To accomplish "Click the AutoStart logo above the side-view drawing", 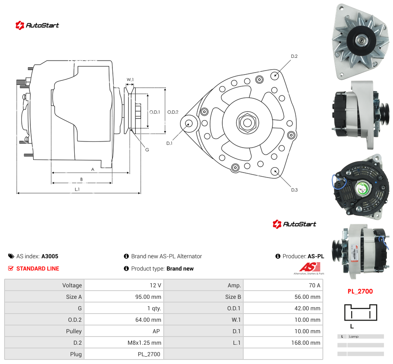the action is point(37,25).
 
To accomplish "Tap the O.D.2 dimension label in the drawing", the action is point(173,112).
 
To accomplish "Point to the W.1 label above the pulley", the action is point(130,80).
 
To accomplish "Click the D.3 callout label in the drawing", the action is point(294,190).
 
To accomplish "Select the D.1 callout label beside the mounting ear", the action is point(169,143).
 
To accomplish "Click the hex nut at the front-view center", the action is point(247,123).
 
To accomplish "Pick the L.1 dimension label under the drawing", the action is point(77,189).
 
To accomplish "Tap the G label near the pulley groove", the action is point(147,150).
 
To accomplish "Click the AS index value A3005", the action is point(50,256).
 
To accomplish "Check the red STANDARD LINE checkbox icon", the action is point(11,268).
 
